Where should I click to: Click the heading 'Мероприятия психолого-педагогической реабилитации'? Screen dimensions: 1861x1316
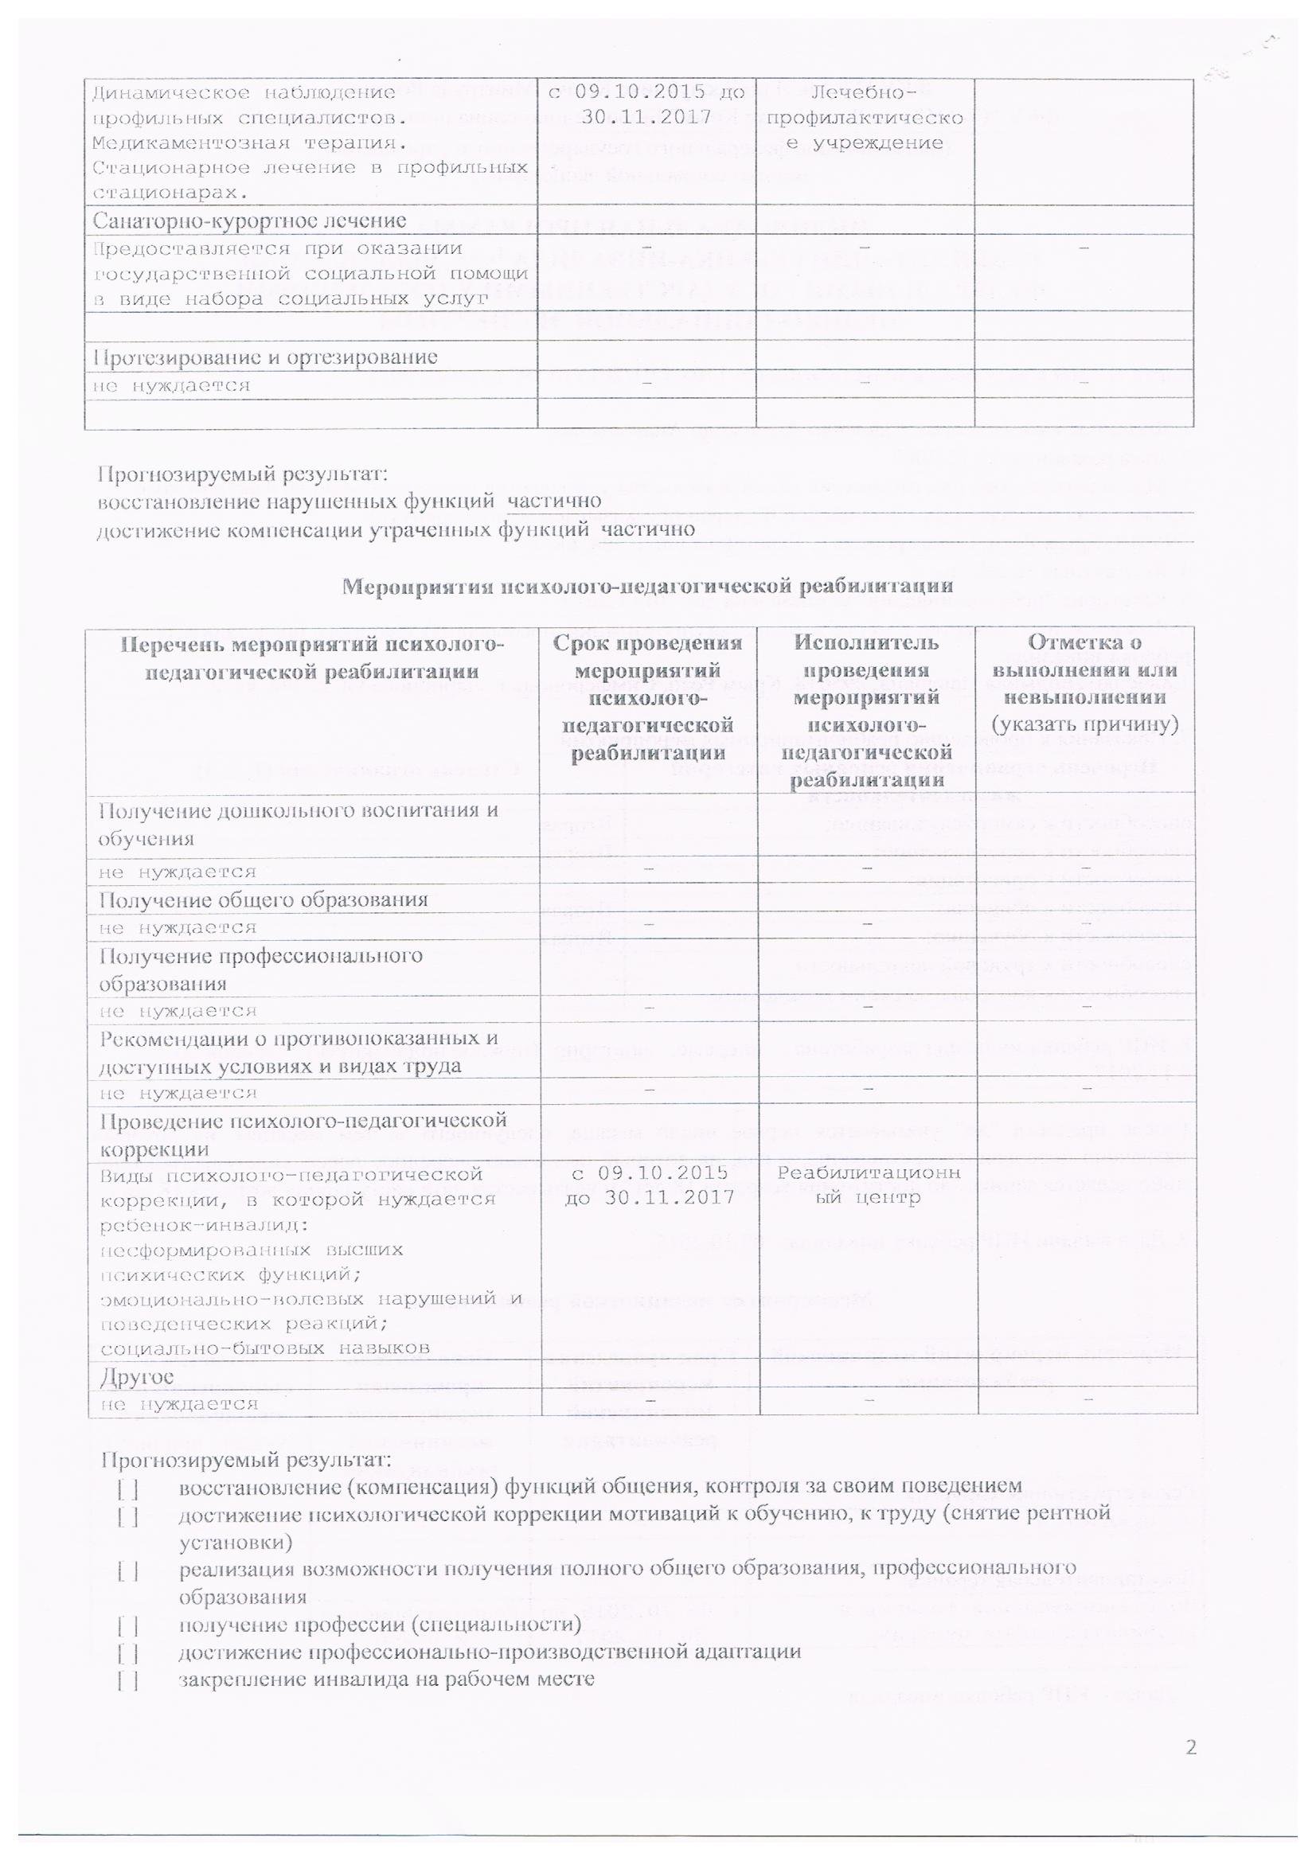[646, 585]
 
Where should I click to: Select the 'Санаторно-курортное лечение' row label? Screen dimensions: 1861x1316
[249, 220]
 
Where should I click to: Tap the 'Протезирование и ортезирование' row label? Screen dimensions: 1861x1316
[265, 357]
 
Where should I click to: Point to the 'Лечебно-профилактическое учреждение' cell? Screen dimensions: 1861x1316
[865, 119]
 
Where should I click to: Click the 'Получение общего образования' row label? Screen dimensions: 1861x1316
[264, 899]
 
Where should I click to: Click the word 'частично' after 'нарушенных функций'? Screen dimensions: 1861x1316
[554, 501]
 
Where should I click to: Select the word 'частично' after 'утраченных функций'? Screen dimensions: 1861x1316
[647, 529]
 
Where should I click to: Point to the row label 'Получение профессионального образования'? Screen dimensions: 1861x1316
[260, 969]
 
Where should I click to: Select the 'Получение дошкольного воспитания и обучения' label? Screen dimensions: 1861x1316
[298, 825]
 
